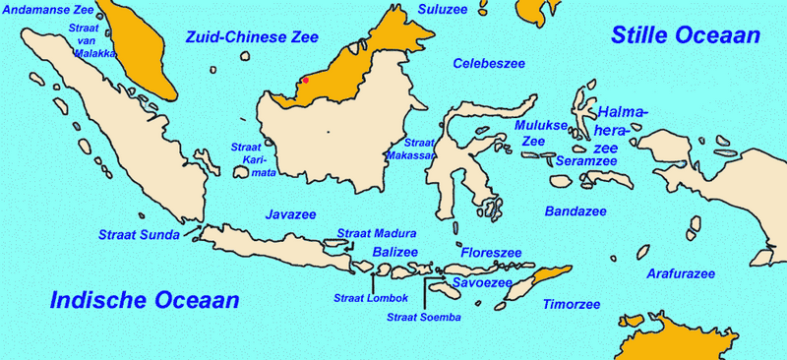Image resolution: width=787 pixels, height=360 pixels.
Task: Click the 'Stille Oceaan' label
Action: [686, 35]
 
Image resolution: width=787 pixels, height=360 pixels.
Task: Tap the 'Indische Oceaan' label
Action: [146, 300]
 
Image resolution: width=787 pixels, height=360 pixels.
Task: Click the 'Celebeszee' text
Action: [489, 63]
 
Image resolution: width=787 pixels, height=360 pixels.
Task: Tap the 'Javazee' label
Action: [292, 213]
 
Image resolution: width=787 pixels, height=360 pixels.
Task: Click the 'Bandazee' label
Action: [575, 210]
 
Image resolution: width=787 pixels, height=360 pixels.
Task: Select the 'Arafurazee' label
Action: [680, 273]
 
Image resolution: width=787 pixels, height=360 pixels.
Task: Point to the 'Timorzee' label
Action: [572, 304]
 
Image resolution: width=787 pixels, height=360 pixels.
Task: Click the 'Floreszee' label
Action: [491, 253]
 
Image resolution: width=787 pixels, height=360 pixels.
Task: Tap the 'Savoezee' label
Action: [482, 282]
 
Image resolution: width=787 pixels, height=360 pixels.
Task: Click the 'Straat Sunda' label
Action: [139, 234]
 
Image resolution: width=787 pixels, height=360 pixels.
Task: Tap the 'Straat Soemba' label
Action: [424, 317]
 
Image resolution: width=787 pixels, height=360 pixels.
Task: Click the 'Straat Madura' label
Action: [377, 233]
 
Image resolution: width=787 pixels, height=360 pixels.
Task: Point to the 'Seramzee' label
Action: [586, 160]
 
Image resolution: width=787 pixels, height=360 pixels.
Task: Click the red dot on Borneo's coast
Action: [306, 80]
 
